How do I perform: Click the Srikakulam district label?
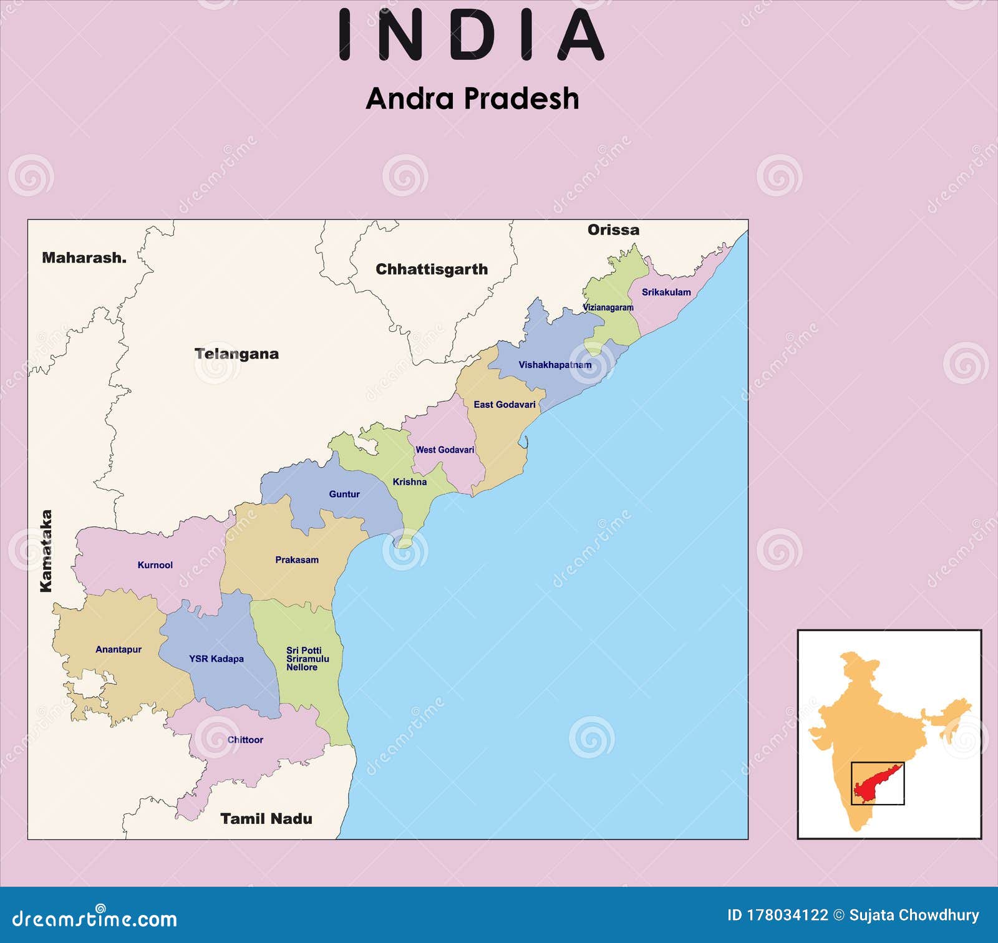pyautogui.click(x=666, y=292)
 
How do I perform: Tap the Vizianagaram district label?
pyautogui.click(x=608, y=307)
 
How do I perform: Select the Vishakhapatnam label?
pyautogui.click(x=555, y=365)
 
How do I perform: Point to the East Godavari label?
pyautogui.click(x=504, y=404)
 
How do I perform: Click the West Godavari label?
pyautogui.click(x=445, y=450)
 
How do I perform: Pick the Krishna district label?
pyautogui.click(x=410, y=481)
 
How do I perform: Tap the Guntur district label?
pyautogui.click(x=344, y=494)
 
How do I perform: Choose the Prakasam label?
pyautogui.click(x=297, y=559)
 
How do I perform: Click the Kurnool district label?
pyautogui.click(x=155, y=565)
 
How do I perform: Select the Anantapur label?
pyautogui.click(x=119, y=649)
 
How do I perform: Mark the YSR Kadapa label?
pyautogui.click(x=216, y=659)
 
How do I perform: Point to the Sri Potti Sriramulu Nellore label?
pyautogui.click(x=307, y=659)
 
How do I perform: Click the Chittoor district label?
pyautogui.click(x=245, y=740)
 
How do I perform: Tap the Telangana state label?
pyautogui.click(x=236, y=354)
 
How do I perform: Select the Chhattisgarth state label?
pyautogui.click(x=432, y=269)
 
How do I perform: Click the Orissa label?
pyautogui.click(x=613, y=230)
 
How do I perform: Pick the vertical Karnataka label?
pyautogui.click(x=46, y=551)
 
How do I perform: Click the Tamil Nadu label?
pyautogui.click(x=266, y=818)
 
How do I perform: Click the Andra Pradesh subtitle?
pyautogui.click(x=472, y=99)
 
